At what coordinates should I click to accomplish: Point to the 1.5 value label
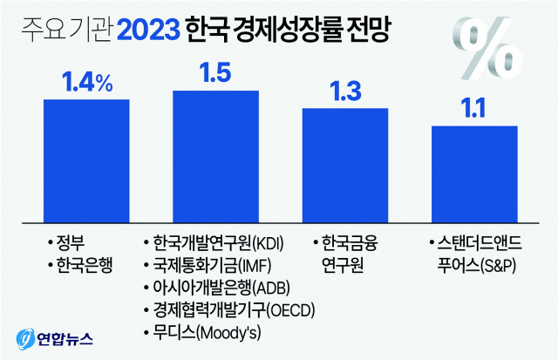pos(215,73)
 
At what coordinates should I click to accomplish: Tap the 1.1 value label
pos(473,110)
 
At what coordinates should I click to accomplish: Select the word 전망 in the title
pos(365,31)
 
